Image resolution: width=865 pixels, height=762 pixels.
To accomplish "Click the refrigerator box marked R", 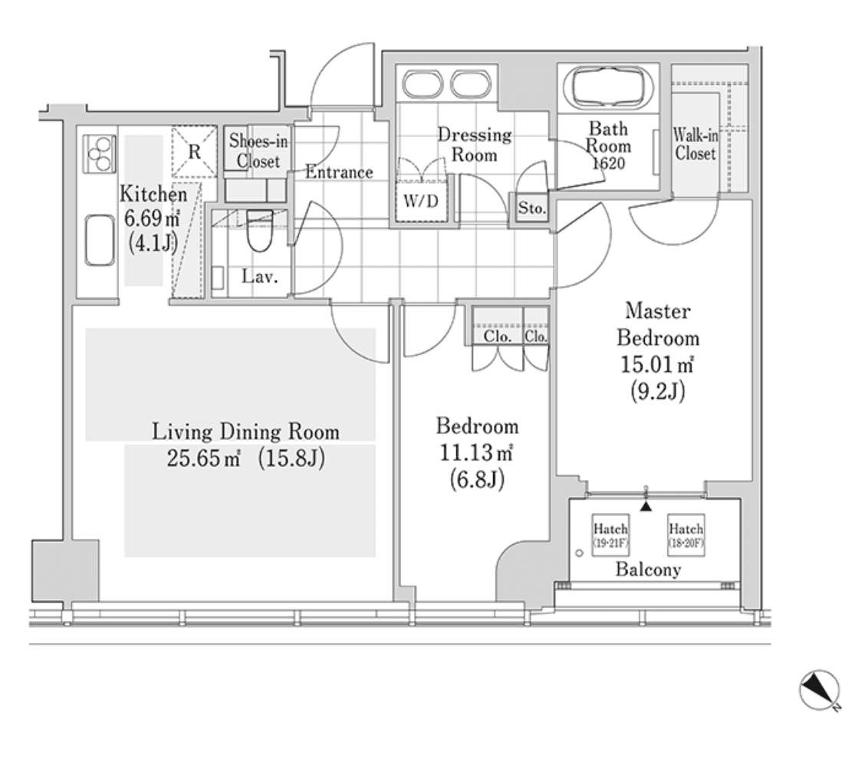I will pos(194,151).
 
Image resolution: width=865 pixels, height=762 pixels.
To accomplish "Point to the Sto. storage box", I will pos(531,208).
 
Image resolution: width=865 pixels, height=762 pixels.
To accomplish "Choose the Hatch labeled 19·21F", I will pos(610,534).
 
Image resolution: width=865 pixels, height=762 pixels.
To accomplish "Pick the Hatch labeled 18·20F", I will pos(686,534).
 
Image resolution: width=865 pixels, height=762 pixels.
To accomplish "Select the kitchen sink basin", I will pos(100,241).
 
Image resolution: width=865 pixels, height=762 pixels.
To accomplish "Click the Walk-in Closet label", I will pos(695,144).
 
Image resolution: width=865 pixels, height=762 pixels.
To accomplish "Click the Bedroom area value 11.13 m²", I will pos(475,453).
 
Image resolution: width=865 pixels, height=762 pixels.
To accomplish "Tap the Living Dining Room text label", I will pos(245,432).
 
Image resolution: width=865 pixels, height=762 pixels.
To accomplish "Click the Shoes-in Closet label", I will pos(258,151).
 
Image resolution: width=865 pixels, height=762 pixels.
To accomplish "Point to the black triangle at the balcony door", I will pos(646,507).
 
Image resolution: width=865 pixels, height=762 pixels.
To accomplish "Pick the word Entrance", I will pos(339,172).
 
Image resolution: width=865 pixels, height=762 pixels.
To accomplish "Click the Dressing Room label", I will pos(474,144).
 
